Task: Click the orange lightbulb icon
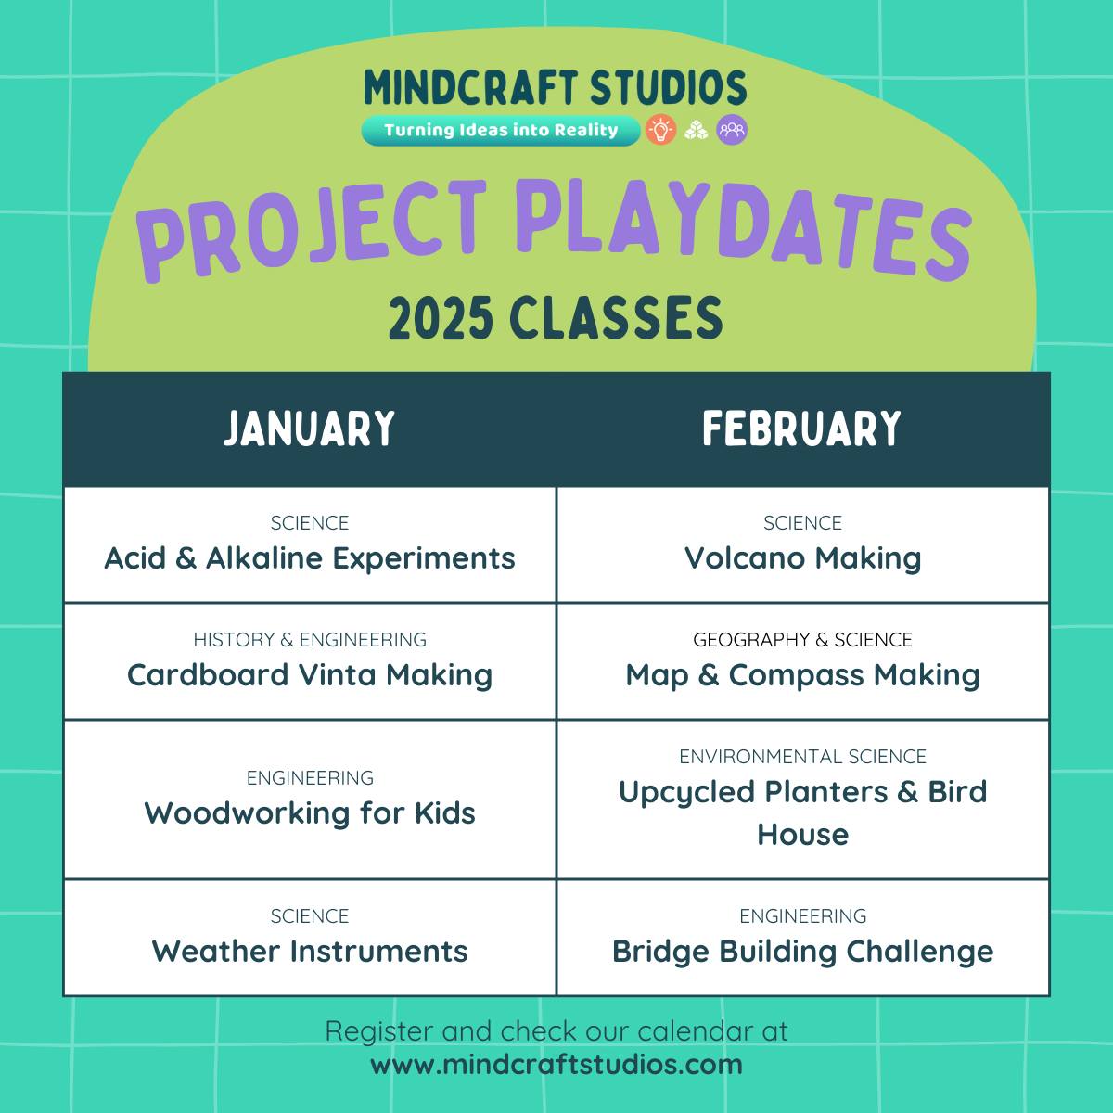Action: pos(660,130)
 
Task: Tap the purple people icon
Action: pos(732,130)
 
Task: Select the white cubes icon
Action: pos(696,131)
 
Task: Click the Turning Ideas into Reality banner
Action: pos(500,131)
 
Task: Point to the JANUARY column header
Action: pos(309,429)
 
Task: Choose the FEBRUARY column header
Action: pos(801,429)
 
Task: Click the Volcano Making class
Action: pos(803,559)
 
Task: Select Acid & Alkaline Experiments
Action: pos(310,558)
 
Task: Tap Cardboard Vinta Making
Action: pos(310,676)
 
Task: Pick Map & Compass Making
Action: pos(803,676)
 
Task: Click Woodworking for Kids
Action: pos(310,813)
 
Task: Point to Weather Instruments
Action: pos(310,952)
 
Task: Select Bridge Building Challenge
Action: pos(803,953)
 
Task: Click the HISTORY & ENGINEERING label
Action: pos(310,639)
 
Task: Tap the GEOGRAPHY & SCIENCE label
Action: pos(803,639)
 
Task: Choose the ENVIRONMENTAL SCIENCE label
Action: pos(803,756)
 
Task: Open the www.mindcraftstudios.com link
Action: pos(556,1065)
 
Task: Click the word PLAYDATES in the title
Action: pos(744,230)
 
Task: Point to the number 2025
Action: pos(441,318)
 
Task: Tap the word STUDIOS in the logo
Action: pos(668,87)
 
